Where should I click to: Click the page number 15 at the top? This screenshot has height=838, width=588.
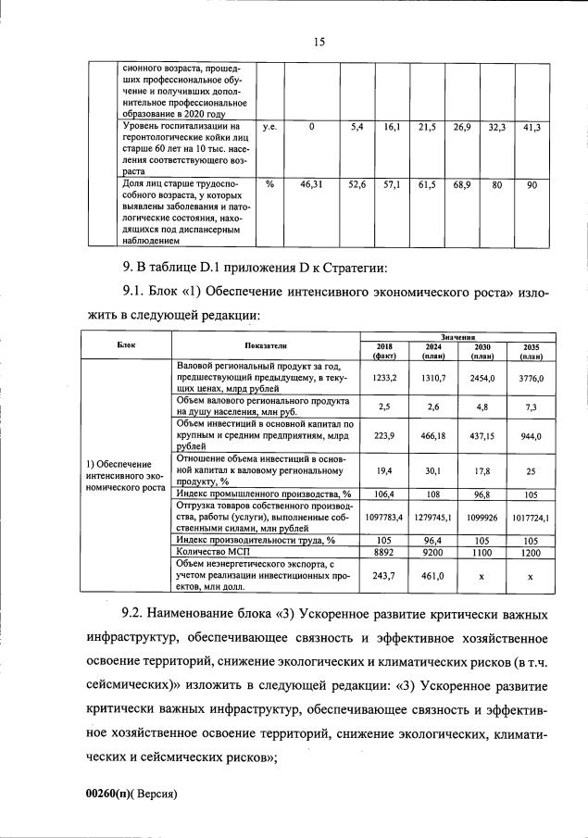(319, 42)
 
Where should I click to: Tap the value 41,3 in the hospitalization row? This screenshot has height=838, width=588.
(531, 126)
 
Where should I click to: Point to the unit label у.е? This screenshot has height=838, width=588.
(271, 126)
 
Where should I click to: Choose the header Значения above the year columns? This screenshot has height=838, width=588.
(457, 339)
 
